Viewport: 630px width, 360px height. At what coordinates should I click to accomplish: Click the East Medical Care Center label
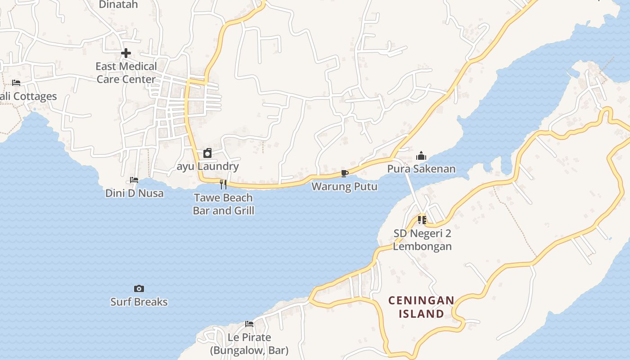(126, 73)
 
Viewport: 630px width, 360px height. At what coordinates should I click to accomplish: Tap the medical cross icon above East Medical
(126, 53)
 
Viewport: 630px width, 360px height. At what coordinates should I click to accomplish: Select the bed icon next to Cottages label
(16, 83)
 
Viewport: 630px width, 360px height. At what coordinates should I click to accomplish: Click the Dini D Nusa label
(134, 193)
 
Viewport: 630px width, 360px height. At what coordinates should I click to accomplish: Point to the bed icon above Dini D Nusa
(134, 180)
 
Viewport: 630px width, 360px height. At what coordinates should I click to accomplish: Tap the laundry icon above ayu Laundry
(207, 153)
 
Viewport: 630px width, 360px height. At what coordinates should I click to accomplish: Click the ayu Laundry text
(207, 166)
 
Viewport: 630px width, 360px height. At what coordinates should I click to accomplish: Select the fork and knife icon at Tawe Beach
(223, 184)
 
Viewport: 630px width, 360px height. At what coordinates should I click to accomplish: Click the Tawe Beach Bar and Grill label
(223, 204)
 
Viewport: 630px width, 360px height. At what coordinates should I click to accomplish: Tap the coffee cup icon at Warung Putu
(345, 174)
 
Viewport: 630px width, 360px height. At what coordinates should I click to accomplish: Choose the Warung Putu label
(345, 186)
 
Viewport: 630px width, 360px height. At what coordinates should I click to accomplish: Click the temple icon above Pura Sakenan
(421, 156)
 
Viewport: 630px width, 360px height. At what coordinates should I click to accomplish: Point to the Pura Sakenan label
(421, 169)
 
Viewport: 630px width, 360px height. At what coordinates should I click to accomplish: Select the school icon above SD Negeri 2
(422, 220)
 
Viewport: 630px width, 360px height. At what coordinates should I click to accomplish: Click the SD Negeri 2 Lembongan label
(422, 240)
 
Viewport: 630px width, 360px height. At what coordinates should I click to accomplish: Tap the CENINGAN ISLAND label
(421, 307)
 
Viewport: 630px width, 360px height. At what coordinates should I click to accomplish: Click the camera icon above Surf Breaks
(139, 288)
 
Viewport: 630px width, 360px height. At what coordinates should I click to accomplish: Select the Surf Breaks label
(139, 302)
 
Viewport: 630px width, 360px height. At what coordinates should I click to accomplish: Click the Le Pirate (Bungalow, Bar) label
(249, 344)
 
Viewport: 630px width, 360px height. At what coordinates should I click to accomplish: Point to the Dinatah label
(118, 4)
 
